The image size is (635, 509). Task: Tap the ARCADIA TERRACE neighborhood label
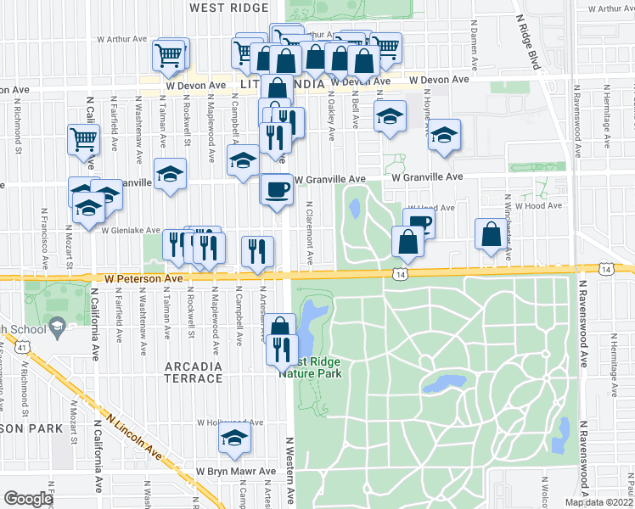pos(191,372)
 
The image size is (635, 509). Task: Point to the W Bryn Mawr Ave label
pos(237,471)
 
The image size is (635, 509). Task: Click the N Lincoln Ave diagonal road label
pos(134,435)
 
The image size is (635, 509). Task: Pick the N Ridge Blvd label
pos(527,38)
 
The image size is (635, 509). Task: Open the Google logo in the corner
pos(28,499)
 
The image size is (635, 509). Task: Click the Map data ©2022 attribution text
pos(599,502)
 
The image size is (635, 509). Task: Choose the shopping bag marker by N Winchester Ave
pos(491,234)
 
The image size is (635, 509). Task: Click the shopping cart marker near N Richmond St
pos(83,139)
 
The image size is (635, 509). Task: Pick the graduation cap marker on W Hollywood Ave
pos(232,438)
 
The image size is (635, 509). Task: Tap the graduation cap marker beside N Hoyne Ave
pos(443,134)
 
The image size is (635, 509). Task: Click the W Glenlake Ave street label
pos(131,230)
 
